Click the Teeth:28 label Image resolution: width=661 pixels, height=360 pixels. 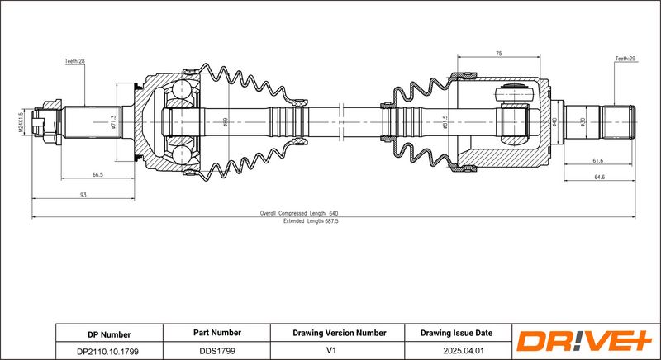click(75, 61)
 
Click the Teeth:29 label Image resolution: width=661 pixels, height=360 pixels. click(625, 59)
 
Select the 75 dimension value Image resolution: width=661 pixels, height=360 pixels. click(499, 54)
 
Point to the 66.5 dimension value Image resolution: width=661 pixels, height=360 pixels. click(97, 175)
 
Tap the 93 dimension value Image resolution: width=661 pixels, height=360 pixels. click(83, 195)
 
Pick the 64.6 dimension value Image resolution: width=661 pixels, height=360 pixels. click(600, 178)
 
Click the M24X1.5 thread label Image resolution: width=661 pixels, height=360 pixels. click(20, 122)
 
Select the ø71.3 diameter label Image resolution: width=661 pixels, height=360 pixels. click(113, 122)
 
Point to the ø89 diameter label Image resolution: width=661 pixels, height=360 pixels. click(226, 122)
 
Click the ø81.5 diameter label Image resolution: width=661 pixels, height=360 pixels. click(445, 122)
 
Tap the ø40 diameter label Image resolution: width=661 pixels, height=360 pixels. click(554, 122)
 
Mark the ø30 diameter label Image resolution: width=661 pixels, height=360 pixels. click(583, 122)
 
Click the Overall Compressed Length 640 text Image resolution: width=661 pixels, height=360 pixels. click(299, 214)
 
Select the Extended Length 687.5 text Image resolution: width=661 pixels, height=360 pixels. click(311, 221)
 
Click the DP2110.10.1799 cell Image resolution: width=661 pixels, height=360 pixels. click(109, 351)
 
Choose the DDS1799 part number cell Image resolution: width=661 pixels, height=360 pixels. click(217, 350)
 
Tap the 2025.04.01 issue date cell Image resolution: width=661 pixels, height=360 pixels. click(459, 350)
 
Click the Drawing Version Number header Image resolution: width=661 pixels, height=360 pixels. click(340, 333)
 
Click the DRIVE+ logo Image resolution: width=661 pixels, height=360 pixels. click(584, 341)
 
